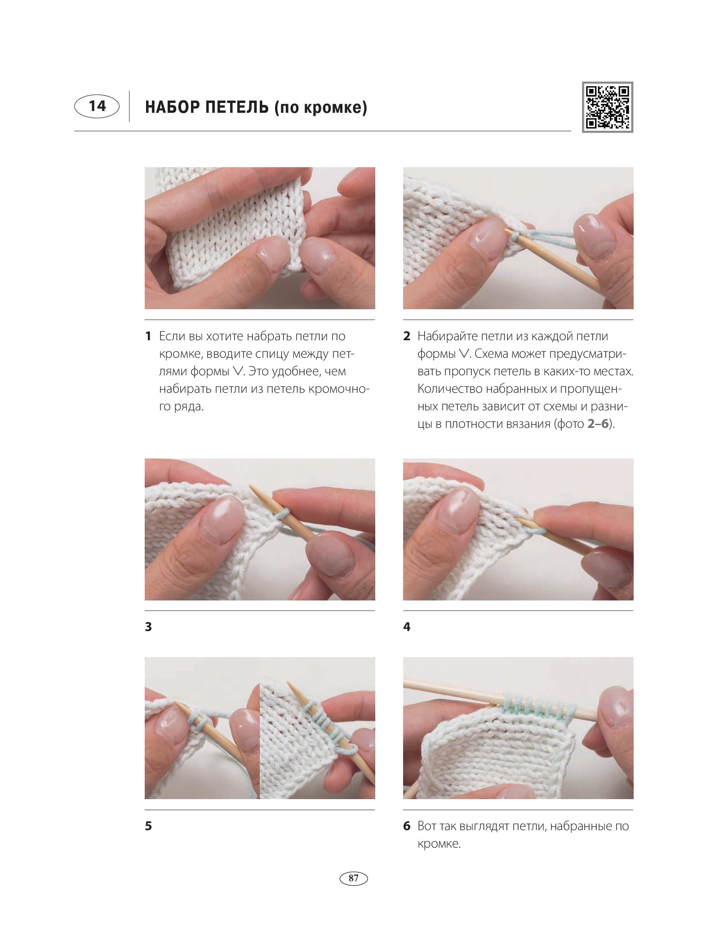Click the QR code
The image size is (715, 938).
607,107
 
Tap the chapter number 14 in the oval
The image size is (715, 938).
97,106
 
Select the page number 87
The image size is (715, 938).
354,878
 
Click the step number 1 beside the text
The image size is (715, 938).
148,336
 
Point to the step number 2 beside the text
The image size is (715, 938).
407,336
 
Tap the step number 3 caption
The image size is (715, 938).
148,627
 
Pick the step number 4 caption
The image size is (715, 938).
407,627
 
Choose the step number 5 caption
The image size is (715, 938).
148,826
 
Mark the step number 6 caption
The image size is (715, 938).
407,826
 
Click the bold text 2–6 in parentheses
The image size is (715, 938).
598,424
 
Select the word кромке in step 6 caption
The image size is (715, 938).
439,844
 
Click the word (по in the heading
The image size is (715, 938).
287,108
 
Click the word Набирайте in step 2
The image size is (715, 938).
447,336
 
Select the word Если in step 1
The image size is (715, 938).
170,336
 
